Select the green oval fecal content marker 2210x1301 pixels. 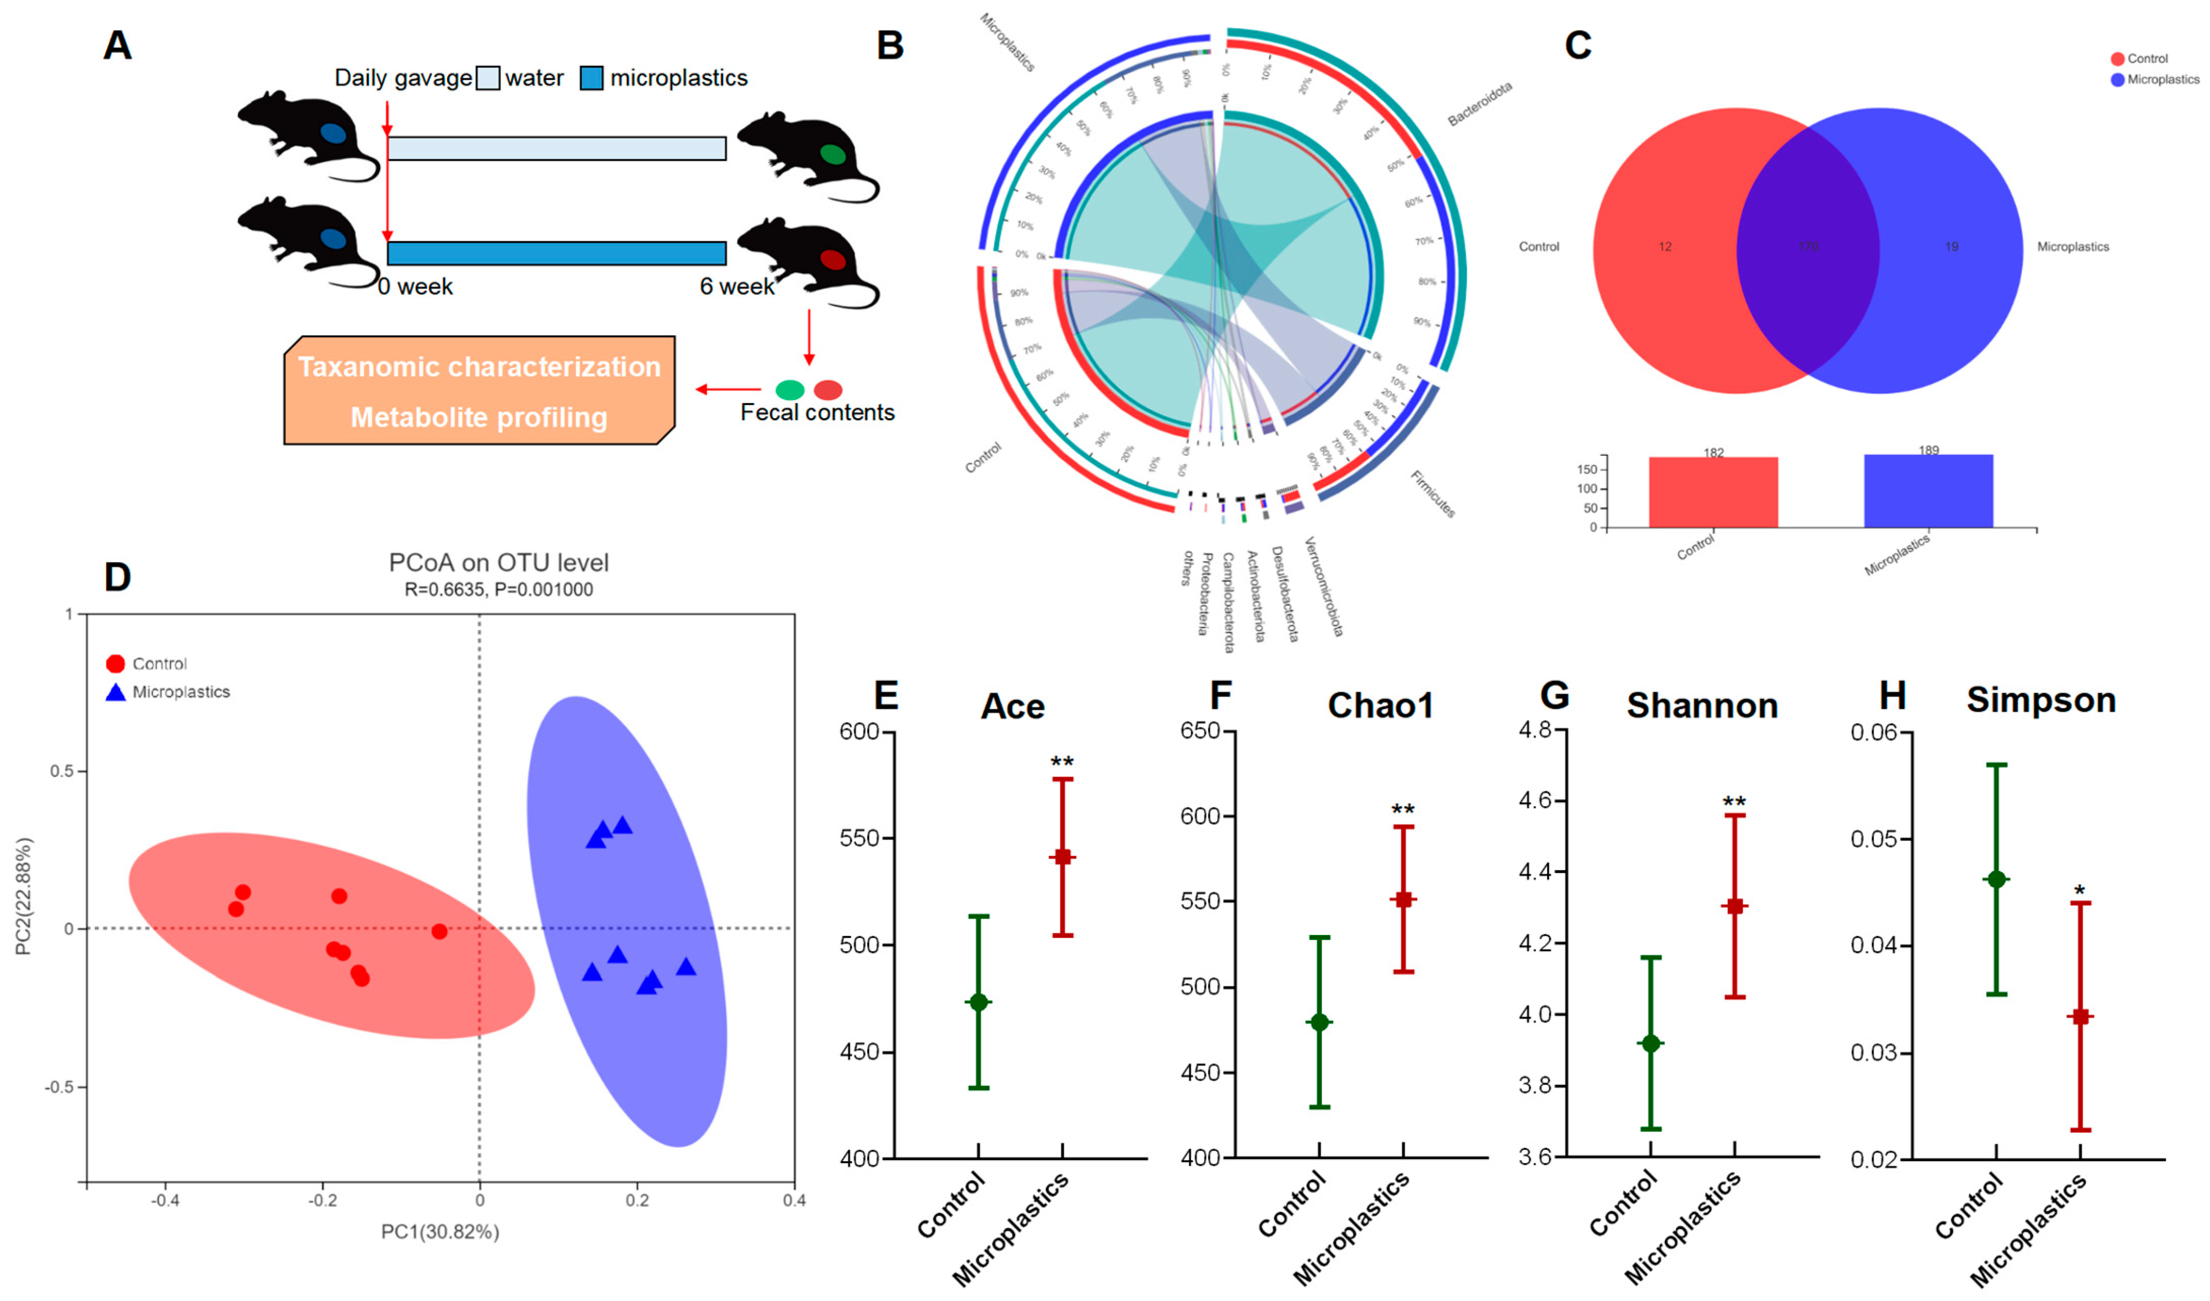pyautogui.click(x=789, y=390)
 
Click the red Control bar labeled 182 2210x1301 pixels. pyautogui.click(x=1713, y=493)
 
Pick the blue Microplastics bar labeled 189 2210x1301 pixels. pyautogui.click(x=1927, y=491)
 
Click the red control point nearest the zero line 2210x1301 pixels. pyautogui.click(x=439, y=931)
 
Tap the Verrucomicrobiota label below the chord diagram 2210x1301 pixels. pyautogui.click(x=1323, y=586)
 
